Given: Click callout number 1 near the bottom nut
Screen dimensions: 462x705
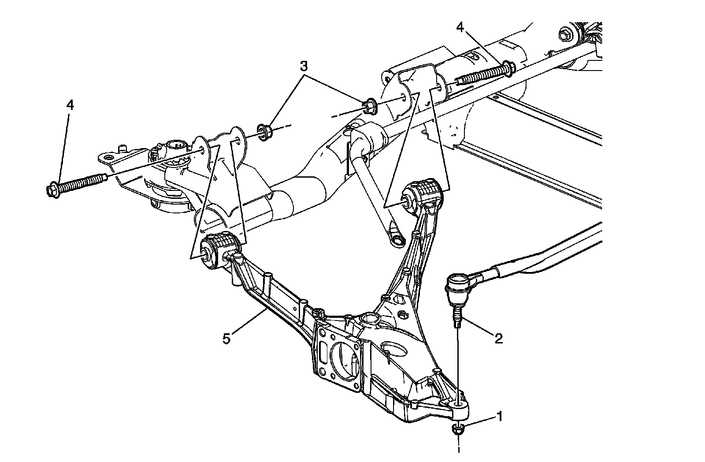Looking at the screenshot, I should click(499, 415).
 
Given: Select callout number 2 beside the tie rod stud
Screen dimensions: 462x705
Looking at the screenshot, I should click(498, 338).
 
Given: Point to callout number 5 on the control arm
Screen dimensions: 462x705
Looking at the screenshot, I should click(226, 339).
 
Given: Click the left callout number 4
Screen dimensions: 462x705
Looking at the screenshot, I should click(70, 105).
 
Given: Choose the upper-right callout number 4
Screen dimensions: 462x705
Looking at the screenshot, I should click(460, 27).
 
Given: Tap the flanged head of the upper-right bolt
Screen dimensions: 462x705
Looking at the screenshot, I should click(509, 68).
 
